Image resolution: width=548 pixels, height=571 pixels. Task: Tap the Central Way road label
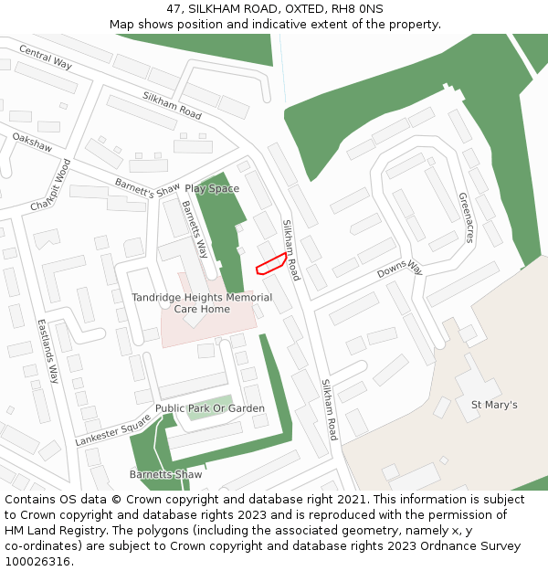pyautogui.click(x=45, y=57)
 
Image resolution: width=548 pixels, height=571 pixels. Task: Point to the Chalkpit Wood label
pyautogui.click(x=50, y=185)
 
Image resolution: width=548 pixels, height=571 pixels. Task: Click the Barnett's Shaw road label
pyautogui.click(x=147, y=187)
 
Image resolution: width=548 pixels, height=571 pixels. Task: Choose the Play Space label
pyautogui.click(x=212, y=189)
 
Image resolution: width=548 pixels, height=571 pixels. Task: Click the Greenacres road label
pyautogui.click(x=466, y=217)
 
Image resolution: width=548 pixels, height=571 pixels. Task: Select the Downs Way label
pyautogui.click(x=400, y=269)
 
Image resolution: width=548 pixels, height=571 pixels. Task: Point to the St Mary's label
pyautogui.click(x=494, y=405)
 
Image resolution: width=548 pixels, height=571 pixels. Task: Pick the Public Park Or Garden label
pyautogui.click(x=210, y=408)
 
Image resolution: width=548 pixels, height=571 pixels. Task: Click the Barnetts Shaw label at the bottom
pyautogui.click(x=165, y=474)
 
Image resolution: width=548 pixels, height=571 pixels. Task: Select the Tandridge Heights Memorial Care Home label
pyautogui.click(x=202, y=303)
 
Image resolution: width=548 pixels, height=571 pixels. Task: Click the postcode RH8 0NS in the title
pyautogui.click(x=360, y=9)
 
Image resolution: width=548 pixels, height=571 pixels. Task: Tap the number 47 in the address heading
pyautogui.click(x=174, y=9)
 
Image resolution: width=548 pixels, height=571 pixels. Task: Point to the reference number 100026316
pyautogui.click(x=37, y=561)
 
